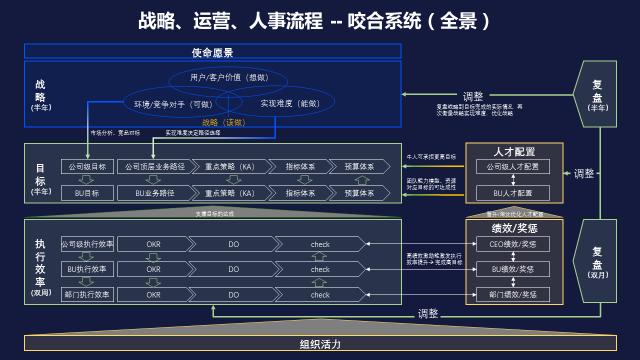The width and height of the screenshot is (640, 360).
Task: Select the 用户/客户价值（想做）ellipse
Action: click(x=228, y=78)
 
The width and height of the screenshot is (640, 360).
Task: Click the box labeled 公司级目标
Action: click(x=87, y=166)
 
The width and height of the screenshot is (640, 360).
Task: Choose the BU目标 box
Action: click(x=87, y=191)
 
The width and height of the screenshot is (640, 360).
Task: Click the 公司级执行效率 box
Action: click(x=87, y=243)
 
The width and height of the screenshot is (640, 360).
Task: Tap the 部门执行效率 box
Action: click(x=87, y=295)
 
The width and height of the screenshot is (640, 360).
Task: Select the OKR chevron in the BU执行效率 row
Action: click(x=153, y=269)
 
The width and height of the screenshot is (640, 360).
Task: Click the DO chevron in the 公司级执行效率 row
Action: click(x=234, y=243)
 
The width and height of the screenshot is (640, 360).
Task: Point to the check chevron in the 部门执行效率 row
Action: click(x=320, y=295)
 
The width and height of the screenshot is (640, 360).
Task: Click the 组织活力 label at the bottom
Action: click(x=320, y=344)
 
